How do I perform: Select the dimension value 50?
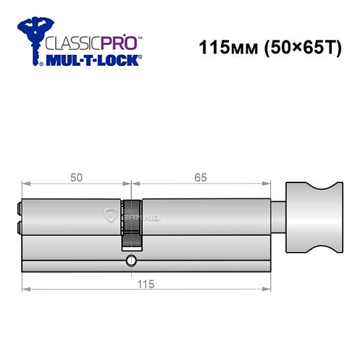[75, 174]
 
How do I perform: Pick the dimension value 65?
[201, 174]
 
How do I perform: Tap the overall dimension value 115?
[147, 283]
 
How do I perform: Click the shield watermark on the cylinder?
[111, 214]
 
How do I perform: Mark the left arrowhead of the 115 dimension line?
[25, 290]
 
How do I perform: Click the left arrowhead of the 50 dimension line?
[25, 182]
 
